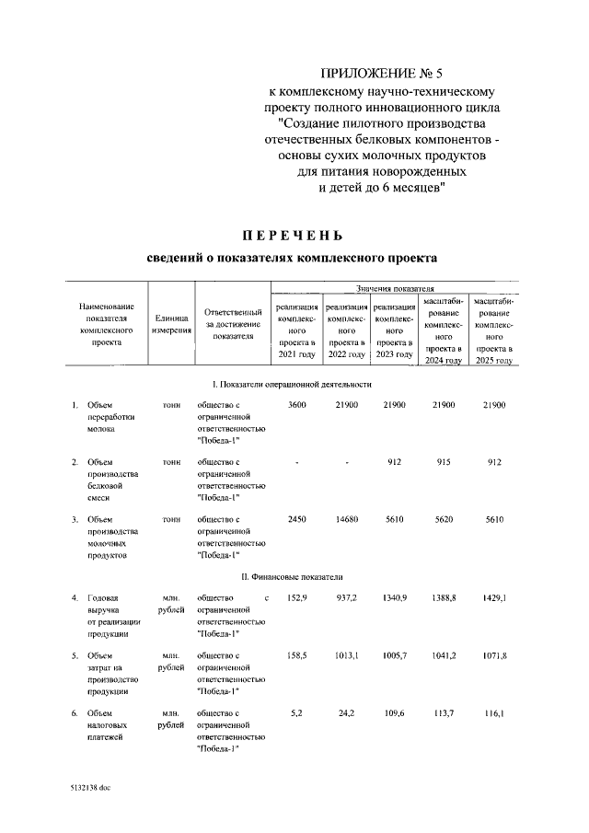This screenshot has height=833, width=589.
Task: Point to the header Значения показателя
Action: [391, 289]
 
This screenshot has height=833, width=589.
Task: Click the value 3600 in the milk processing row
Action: [297, 405]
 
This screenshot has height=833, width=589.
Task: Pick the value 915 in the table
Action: [444, 461]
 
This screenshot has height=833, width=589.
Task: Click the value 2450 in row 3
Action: [297, 519]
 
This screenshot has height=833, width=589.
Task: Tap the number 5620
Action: [444, 519]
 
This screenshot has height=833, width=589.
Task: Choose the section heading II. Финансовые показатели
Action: [293, 577]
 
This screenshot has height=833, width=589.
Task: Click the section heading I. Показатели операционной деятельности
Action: [293, 383]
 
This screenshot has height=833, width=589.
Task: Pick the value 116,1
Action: [494, 712]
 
